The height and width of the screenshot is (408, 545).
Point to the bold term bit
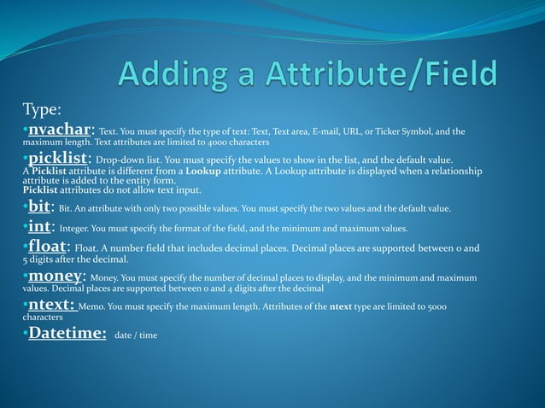click(x=39, y=207)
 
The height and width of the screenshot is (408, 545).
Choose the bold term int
click(x=40, y=227)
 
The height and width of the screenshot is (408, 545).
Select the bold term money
click(x=56, y=276)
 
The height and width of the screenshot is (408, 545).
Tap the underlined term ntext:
click(x=52, y=305)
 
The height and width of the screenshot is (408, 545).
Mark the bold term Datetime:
click(x=67, y=333)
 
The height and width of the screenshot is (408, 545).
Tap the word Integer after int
click(x=78, y=228)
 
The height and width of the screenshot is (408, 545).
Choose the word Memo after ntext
click(x=93, y=306)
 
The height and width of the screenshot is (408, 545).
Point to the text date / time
click(x=136, y=335)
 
